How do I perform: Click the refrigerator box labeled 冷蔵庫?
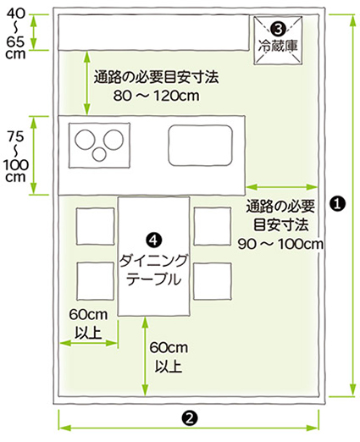point(278,41)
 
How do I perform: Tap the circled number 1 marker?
point(338,204)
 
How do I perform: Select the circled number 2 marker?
point(189,418)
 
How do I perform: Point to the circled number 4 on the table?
point(154,240)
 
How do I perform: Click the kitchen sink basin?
point(201,146)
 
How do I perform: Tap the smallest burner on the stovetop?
point(99,155)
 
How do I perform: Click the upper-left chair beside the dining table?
point(96,226)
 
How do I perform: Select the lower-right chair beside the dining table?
point(213,281)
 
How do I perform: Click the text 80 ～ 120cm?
point(157,96)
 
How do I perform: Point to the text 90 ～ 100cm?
point(280,244)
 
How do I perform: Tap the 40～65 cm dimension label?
point(15,33)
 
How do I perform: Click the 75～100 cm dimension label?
point(16,157)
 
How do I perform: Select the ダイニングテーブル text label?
point(153,270)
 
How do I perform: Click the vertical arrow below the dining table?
point(145,356)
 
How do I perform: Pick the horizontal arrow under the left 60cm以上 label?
point(89,343)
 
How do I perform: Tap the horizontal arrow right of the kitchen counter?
point(282,187)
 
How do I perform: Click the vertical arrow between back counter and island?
point(87,83)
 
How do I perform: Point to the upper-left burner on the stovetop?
point(85,140)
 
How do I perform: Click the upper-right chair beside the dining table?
point(213,226)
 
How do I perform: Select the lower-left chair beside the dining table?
point(96,281)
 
